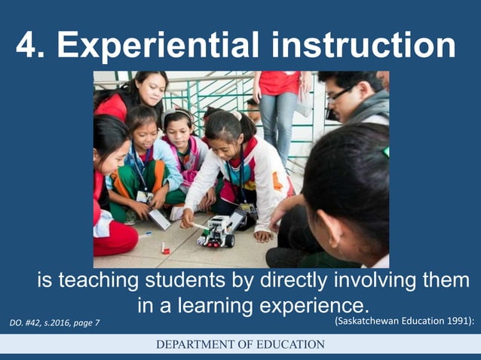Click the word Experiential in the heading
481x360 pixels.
tap(154, 47)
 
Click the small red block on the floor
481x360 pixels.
tap(165, 248)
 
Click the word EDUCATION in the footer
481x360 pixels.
tap(291, 344)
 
